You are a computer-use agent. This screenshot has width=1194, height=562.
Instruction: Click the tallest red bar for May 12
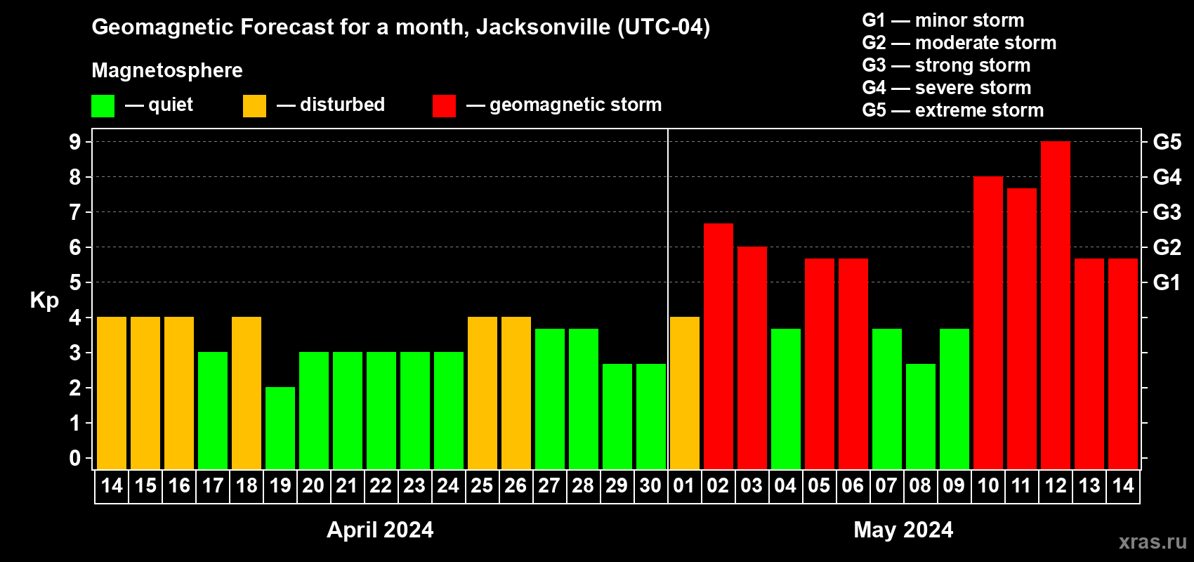click(1055, 306)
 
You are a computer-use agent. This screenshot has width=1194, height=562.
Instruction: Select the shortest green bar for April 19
click(280, 428)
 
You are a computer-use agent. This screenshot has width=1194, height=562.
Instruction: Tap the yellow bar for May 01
click(684, 393)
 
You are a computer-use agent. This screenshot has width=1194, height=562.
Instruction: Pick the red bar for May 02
click(718, 346)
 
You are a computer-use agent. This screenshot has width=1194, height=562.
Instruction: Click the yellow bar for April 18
click(247, 393)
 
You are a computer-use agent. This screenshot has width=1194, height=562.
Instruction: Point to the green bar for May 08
click(920, 416)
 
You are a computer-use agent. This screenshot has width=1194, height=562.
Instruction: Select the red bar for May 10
click(988, 322)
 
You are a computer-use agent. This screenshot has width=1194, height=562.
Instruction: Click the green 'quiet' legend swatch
click(103, 106)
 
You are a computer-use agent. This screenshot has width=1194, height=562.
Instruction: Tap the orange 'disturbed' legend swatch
click(254, 106)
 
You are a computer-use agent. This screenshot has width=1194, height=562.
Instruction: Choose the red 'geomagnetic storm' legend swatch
click(444, 106)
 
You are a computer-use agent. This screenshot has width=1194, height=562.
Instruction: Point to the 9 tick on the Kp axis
click(75, 142)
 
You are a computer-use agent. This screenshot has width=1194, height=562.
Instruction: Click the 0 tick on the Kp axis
click(75, 458)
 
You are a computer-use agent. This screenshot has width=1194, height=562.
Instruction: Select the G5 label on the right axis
click(1167, 142)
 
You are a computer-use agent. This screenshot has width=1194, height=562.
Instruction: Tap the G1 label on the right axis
click(1167, 282)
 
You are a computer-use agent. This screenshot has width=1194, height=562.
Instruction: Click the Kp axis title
click(44, 301)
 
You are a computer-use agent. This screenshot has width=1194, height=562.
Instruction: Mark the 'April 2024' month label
click(380, 530)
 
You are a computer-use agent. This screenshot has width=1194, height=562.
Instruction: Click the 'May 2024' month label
click(903, 530)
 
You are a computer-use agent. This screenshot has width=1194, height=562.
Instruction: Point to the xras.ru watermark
click(1152, 542)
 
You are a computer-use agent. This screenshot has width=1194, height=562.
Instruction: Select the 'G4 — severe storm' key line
click(946, 88)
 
